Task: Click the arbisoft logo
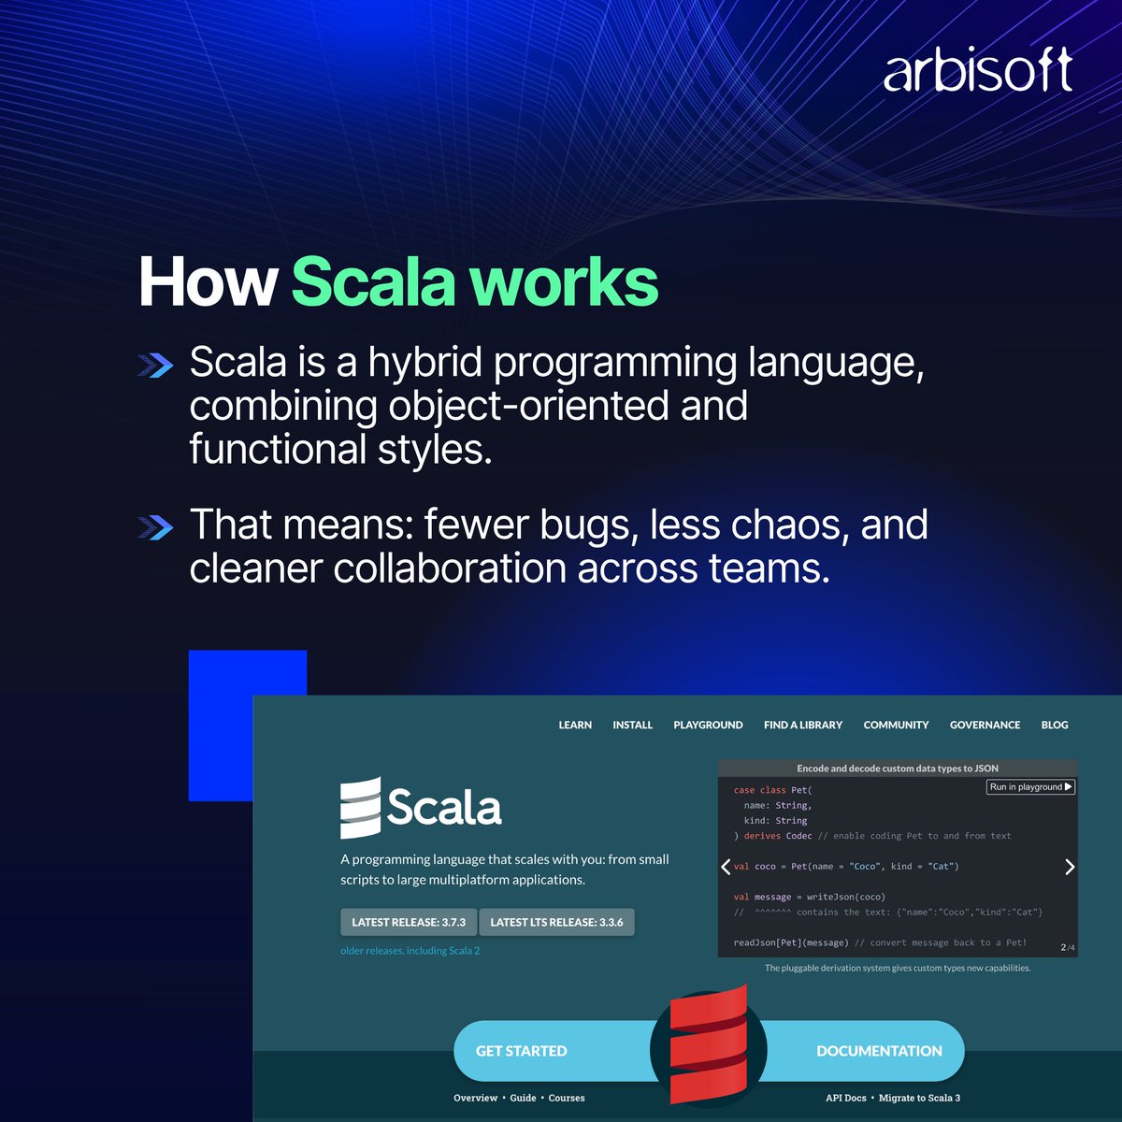tap(977, 71)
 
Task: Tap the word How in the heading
tap(208, 281)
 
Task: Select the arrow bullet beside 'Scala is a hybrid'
tap(156, 366)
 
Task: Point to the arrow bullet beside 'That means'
tap(156, 528)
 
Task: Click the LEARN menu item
tap(575, 725)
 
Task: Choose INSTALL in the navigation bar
tap(632, 725)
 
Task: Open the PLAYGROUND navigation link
tap(708, 725)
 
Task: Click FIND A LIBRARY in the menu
tap(802, 725)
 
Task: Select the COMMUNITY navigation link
tap(896, 725)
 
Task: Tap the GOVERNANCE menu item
tap(985, 725)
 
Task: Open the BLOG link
tap(1054, 725)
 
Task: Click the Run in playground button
tap(1030, 787)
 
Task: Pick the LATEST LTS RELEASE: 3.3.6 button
tap(556, 922)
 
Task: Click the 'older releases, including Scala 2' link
tap(410, 951)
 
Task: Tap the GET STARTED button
tap(522, 1051)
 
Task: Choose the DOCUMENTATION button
tap(879, 1051)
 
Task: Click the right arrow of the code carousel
tap(1070, 867)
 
